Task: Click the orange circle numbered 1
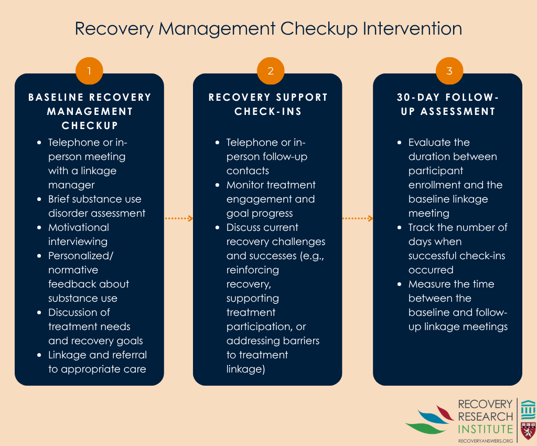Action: pyautogui.click(x=89, y=70)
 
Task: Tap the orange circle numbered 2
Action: pyautogui.click(x=271, y=70)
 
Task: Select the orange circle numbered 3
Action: pyautogui.click(x=449, y=70)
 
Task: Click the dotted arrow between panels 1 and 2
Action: pyautogui.click(x=179, y=218)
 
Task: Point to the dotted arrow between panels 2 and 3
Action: pyautogui.click(x=358, y=218)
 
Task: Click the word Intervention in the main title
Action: pyautogui.click(x=412, y=28)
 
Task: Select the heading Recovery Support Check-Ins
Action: pyautogui.click(x=268, y=104)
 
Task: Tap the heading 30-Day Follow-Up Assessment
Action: pyautogui.click(x=448, y=104)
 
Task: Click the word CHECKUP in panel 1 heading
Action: pyautogui.click(x=90, y=126)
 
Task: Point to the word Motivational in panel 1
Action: pyautogui.click(x=79, y=227)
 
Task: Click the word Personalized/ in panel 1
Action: pyautogui.click(x=80, y=256)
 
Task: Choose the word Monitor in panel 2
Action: pyautogui.click(x=247, y=185)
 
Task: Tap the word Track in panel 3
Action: pyautogui.click(x=421, y=227)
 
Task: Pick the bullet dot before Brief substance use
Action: pyautogui.click(x=39, y=199)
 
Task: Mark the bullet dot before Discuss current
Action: pyautogui.click(x=217, y=227)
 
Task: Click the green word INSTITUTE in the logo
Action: pyautogui.click(x=485, y=429)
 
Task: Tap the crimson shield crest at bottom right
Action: pyautogui.click(x=528, y=431)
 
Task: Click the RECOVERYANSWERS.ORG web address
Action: pyautogui.click(x=485, y=441)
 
